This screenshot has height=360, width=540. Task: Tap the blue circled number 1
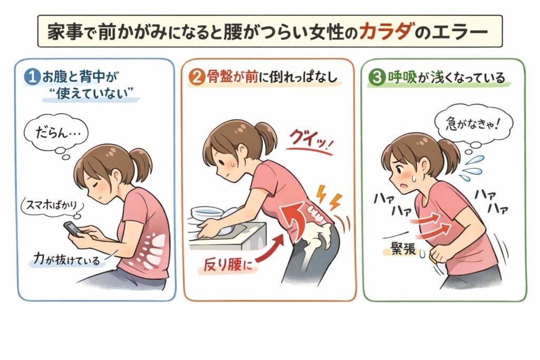coord(32,77)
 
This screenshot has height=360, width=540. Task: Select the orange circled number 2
coord(197,77)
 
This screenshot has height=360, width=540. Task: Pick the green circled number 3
coord(377,77)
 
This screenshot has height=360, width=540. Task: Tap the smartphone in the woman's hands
coord(73,229)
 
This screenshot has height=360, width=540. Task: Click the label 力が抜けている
coord(66,259)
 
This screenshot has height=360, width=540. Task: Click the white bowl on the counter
coord(207,213)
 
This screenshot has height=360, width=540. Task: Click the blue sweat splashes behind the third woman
coord(471,168)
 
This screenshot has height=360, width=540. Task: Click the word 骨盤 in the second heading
coord(220,77)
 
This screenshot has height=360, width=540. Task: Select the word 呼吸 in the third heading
coord(402,77)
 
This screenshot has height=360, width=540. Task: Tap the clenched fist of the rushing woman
coord(439,255)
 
